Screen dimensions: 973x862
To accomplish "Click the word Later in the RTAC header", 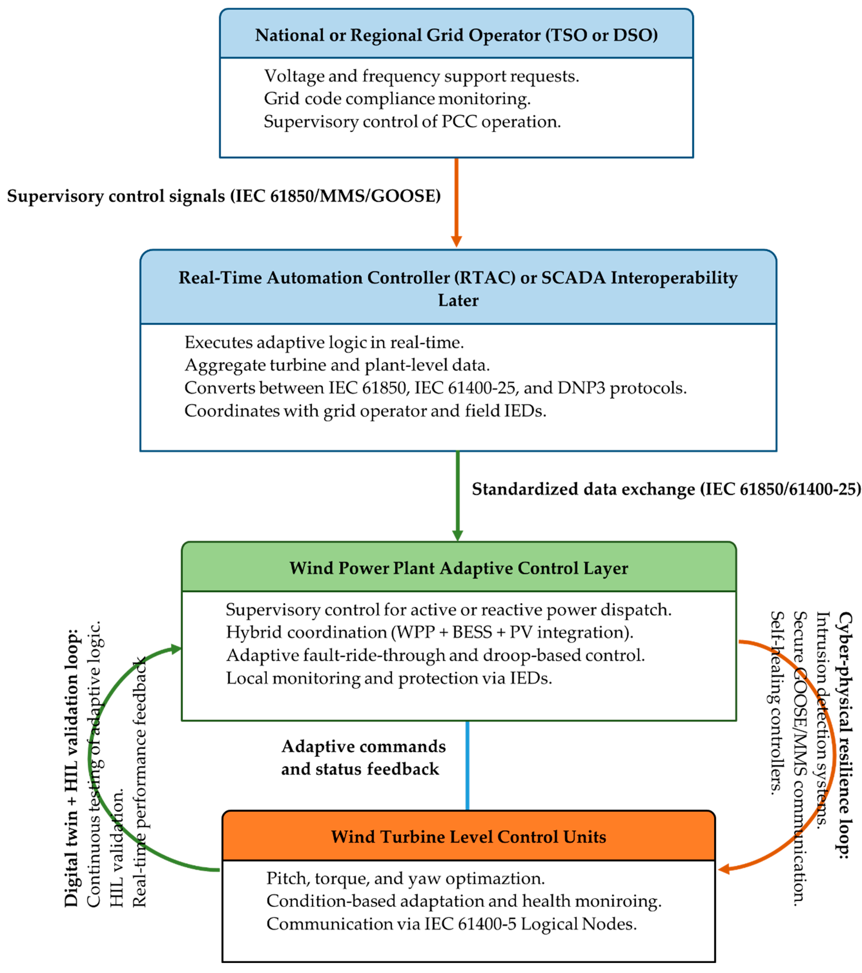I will pos(458,300).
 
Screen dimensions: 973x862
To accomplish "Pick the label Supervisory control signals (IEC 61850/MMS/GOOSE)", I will pos(224,196).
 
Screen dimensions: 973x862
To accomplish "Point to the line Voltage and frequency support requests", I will pos(422,76).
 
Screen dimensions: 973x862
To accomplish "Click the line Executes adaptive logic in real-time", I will pos(324,342).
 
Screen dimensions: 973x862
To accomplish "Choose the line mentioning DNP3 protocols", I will pos(435,388).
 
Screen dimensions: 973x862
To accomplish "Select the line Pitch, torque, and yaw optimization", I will pos(405,878).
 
